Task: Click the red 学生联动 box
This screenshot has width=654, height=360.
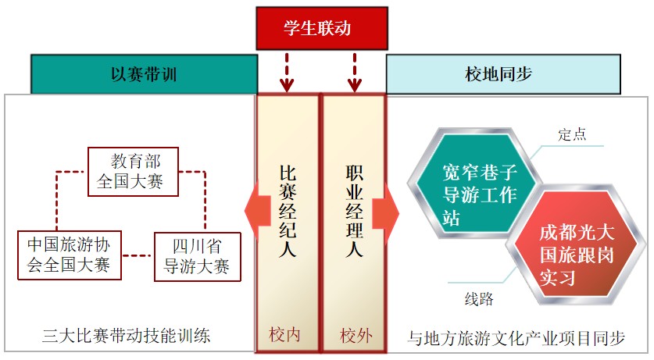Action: click(321, 29)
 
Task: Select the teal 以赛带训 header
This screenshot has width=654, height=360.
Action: click(145, 74)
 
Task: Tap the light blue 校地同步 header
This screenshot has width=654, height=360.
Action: click(503, 74)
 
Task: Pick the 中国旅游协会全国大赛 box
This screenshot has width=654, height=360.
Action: click(69, 255)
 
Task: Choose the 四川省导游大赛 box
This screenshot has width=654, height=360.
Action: click(196, 255)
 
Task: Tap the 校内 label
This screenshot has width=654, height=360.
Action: click(286, 336)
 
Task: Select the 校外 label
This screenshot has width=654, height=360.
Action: click(356, 336)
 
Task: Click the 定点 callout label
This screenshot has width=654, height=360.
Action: click(572, 134)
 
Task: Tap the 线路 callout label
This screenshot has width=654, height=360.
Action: click(478, 300)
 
